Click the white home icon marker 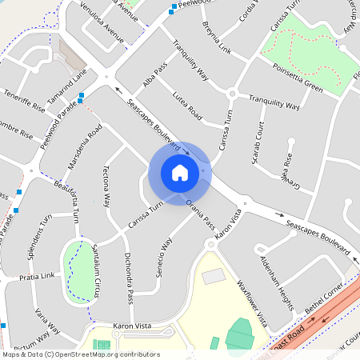[x=179, y=173]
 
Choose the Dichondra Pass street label [x=127, y=278]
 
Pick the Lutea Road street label [x=187, y=108]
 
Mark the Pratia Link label [x=38, y=276]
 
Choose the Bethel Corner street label [x=328, y=298]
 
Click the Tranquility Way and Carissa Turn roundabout [x=232, y=94]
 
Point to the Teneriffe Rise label [x=23, y=104]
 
